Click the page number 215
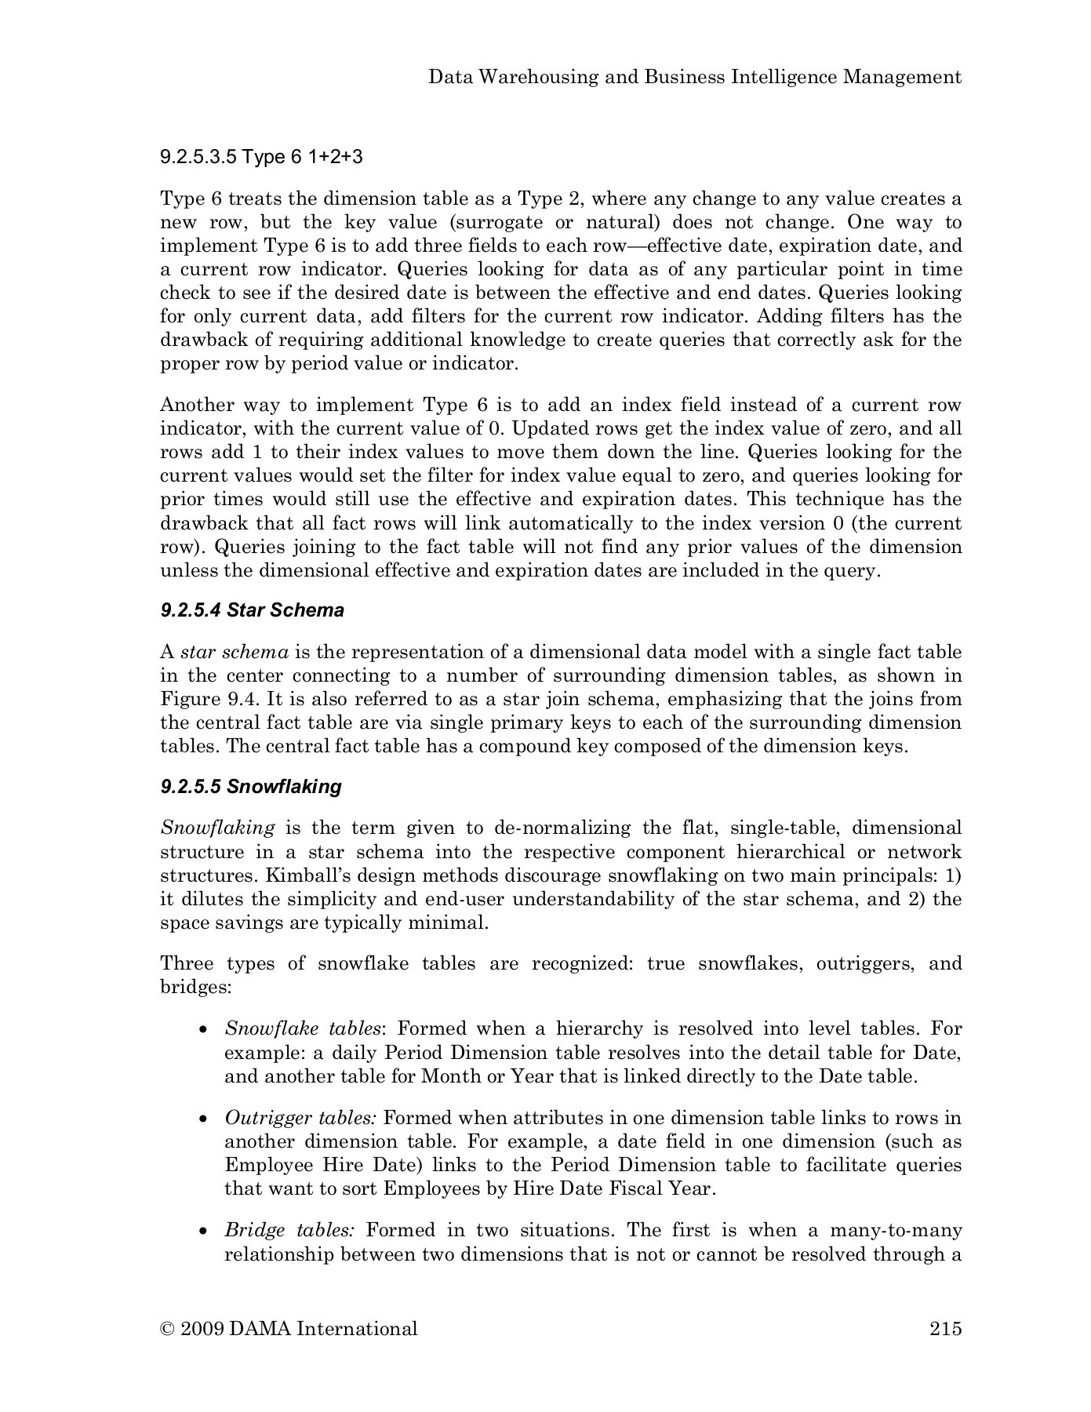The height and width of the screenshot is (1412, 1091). tap(945, 1329)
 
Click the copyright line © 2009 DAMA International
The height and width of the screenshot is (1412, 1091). tap(289, 1329)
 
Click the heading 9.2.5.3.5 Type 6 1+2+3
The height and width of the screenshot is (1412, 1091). tap(261, 157)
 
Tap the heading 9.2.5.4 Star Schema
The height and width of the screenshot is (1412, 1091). tap(252, 610)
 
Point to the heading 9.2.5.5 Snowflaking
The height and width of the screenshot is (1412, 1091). tap(251, 787)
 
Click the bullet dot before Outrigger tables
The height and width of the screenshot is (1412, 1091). tap(204, 1119)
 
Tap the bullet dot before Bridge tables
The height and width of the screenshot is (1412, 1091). tap(204, 1232)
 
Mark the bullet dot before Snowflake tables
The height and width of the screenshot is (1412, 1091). tap(204, 1030)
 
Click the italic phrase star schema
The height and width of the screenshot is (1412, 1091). tap(235, 653)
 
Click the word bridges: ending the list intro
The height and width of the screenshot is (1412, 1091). tap(195, 987)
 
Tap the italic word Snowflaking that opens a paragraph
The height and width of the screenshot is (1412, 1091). tap(217, 828)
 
